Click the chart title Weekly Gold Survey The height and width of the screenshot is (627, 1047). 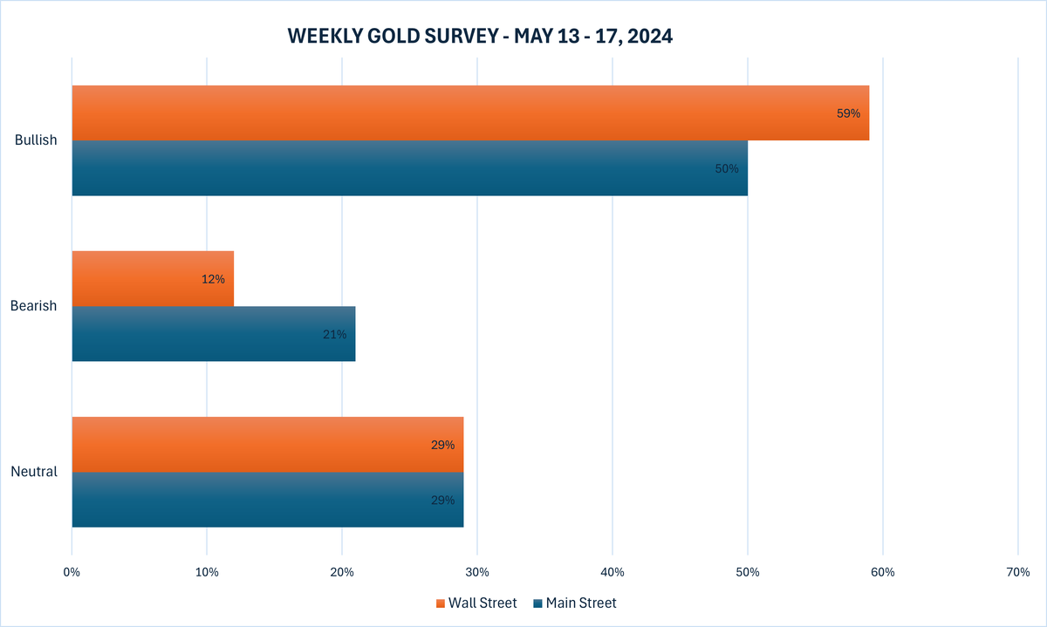[480, 36]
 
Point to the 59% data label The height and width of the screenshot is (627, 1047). [848, 113]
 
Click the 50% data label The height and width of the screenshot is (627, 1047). [726, 168]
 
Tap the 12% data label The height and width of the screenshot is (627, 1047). [213, 279]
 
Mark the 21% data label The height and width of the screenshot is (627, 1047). [334, 334]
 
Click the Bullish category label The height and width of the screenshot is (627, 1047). [36, 140]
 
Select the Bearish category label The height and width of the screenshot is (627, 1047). [34, 306]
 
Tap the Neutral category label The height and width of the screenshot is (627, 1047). [34, 472]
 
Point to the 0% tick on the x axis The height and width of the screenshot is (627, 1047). [72, 572]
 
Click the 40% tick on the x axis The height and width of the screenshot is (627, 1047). [612, 572]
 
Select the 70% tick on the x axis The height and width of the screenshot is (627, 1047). [1017, 572]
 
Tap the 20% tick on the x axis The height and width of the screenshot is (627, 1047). [342, 572]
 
